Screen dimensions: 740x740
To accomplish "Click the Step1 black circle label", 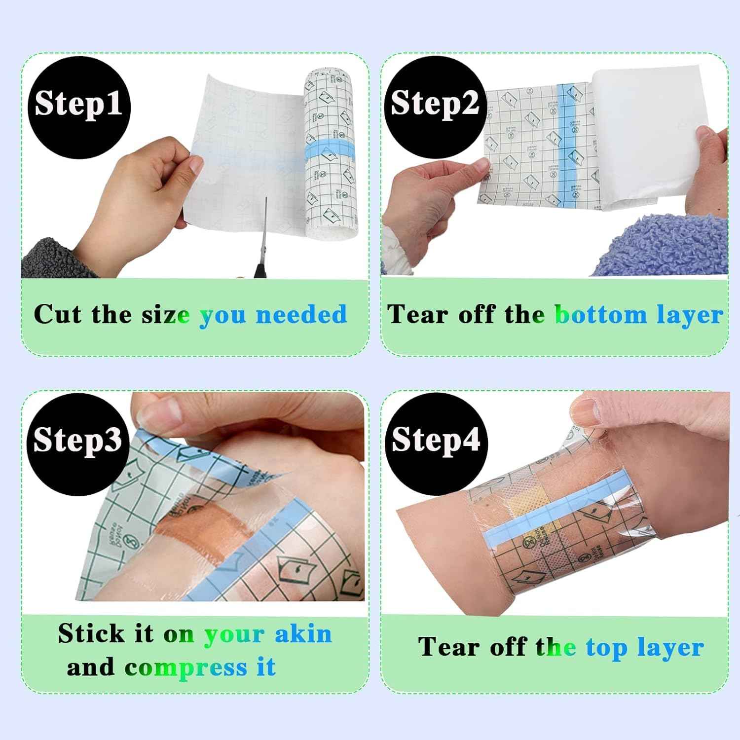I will [78, 105].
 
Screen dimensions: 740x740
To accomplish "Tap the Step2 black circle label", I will [434, 104].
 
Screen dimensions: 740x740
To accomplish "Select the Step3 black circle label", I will [77, 439].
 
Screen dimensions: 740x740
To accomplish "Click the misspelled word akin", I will [303, 633].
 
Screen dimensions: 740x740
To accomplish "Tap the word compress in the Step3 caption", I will [185, 667].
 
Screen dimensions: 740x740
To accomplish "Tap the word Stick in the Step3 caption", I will [92, 633].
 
